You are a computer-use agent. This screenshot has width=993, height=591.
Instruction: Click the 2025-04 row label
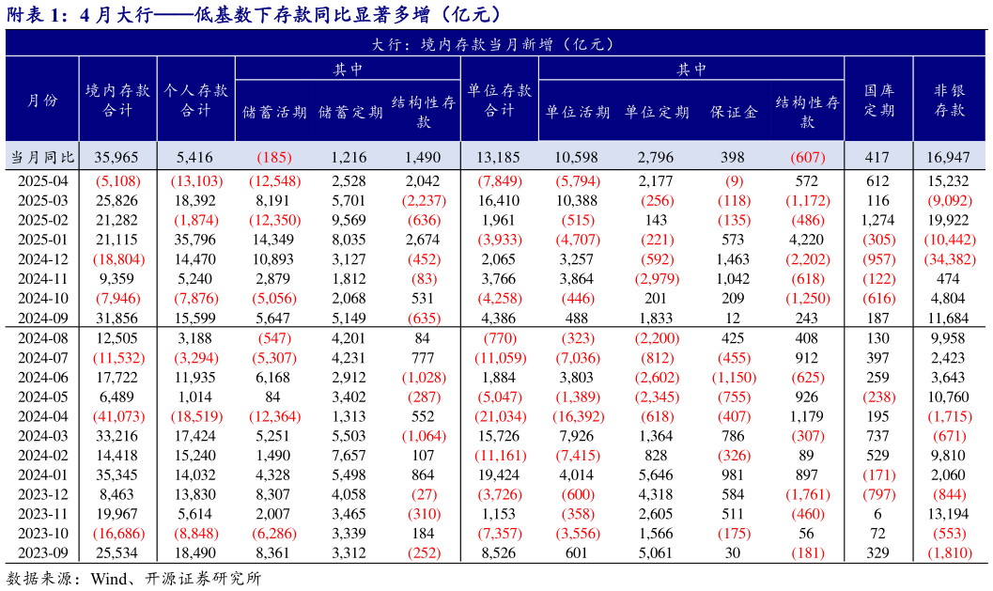click(41, 180)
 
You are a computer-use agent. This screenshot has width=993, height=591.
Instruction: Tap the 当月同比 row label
click(41, 156)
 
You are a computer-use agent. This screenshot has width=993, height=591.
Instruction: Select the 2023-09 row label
click(41, 552)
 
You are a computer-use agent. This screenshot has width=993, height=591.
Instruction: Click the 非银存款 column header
click(949, 101)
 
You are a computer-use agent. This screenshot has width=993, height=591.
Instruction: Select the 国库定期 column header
click(878, 101)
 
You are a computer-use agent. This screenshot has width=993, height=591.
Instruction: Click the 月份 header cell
click(41, 101)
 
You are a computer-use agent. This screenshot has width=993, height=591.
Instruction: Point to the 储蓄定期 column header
click(350, 112)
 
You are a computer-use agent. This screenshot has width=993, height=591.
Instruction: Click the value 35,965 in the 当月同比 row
click(116, 156)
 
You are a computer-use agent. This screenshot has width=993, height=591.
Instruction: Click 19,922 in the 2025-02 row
click(949, 220)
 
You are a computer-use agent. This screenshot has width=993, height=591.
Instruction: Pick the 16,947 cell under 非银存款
click(949, 156)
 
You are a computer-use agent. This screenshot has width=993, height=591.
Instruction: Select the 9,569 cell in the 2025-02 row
click(349, 220)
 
